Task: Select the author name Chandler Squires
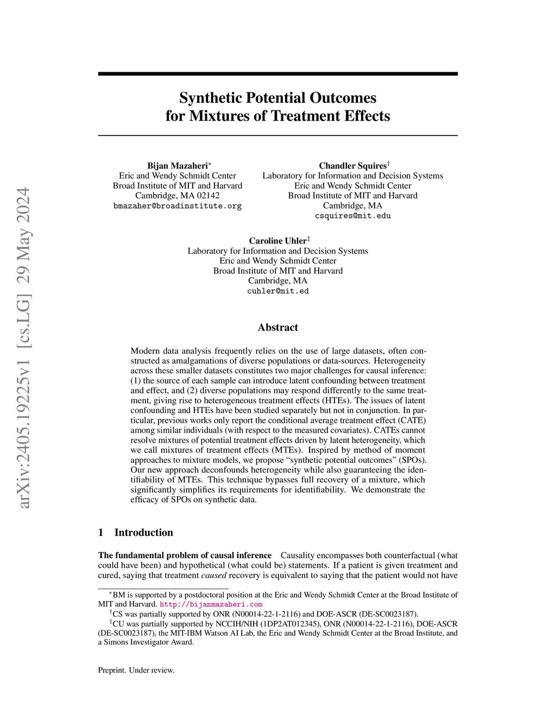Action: tap(352, 166)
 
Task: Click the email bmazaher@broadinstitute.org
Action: tap(178, 206)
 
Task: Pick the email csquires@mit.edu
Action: tap(353, 216)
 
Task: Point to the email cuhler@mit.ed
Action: tap(278, 291)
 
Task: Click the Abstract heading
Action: tap(278, 327)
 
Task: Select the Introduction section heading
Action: tap(143, 533)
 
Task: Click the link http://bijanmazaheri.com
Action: tap(211, 604)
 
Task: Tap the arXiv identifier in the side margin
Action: tap(24, 348)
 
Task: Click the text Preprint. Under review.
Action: tap(136, 670)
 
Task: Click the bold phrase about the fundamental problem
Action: tap(185, 555)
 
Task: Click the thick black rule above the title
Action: tap(278, 74)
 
